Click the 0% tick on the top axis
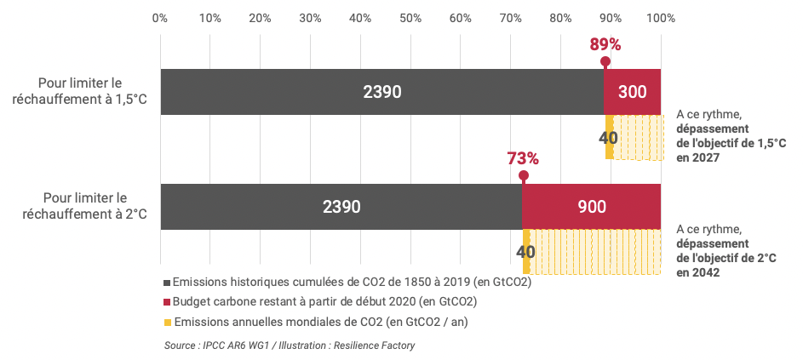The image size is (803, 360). [x=159, y=17]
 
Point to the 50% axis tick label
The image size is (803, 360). [x=410, y=17]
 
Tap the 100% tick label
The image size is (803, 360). [x=661, y=17]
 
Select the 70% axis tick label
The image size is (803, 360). [x=510, y=17]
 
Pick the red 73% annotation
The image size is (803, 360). [x=523, y=158]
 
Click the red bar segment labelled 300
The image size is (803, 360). [x=633, y=92]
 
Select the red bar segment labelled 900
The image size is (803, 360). [x=591, y=207]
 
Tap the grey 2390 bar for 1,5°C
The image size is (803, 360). [x=381, y=92]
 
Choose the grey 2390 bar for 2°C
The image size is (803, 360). [x=341, y=207]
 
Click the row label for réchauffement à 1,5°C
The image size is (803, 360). [x=80, y=91]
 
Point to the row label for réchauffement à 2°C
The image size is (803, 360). [x=80, y=206]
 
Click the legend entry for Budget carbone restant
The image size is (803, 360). [x=324, y=301]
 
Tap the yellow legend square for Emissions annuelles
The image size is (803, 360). [x=168, y=322]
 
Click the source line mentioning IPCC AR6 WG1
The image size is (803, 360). [x=290, y=345]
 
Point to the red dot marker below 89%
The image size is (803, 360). [x=605, y=61]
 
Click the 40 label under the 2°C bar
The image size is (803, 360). [x=525, y=252]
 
